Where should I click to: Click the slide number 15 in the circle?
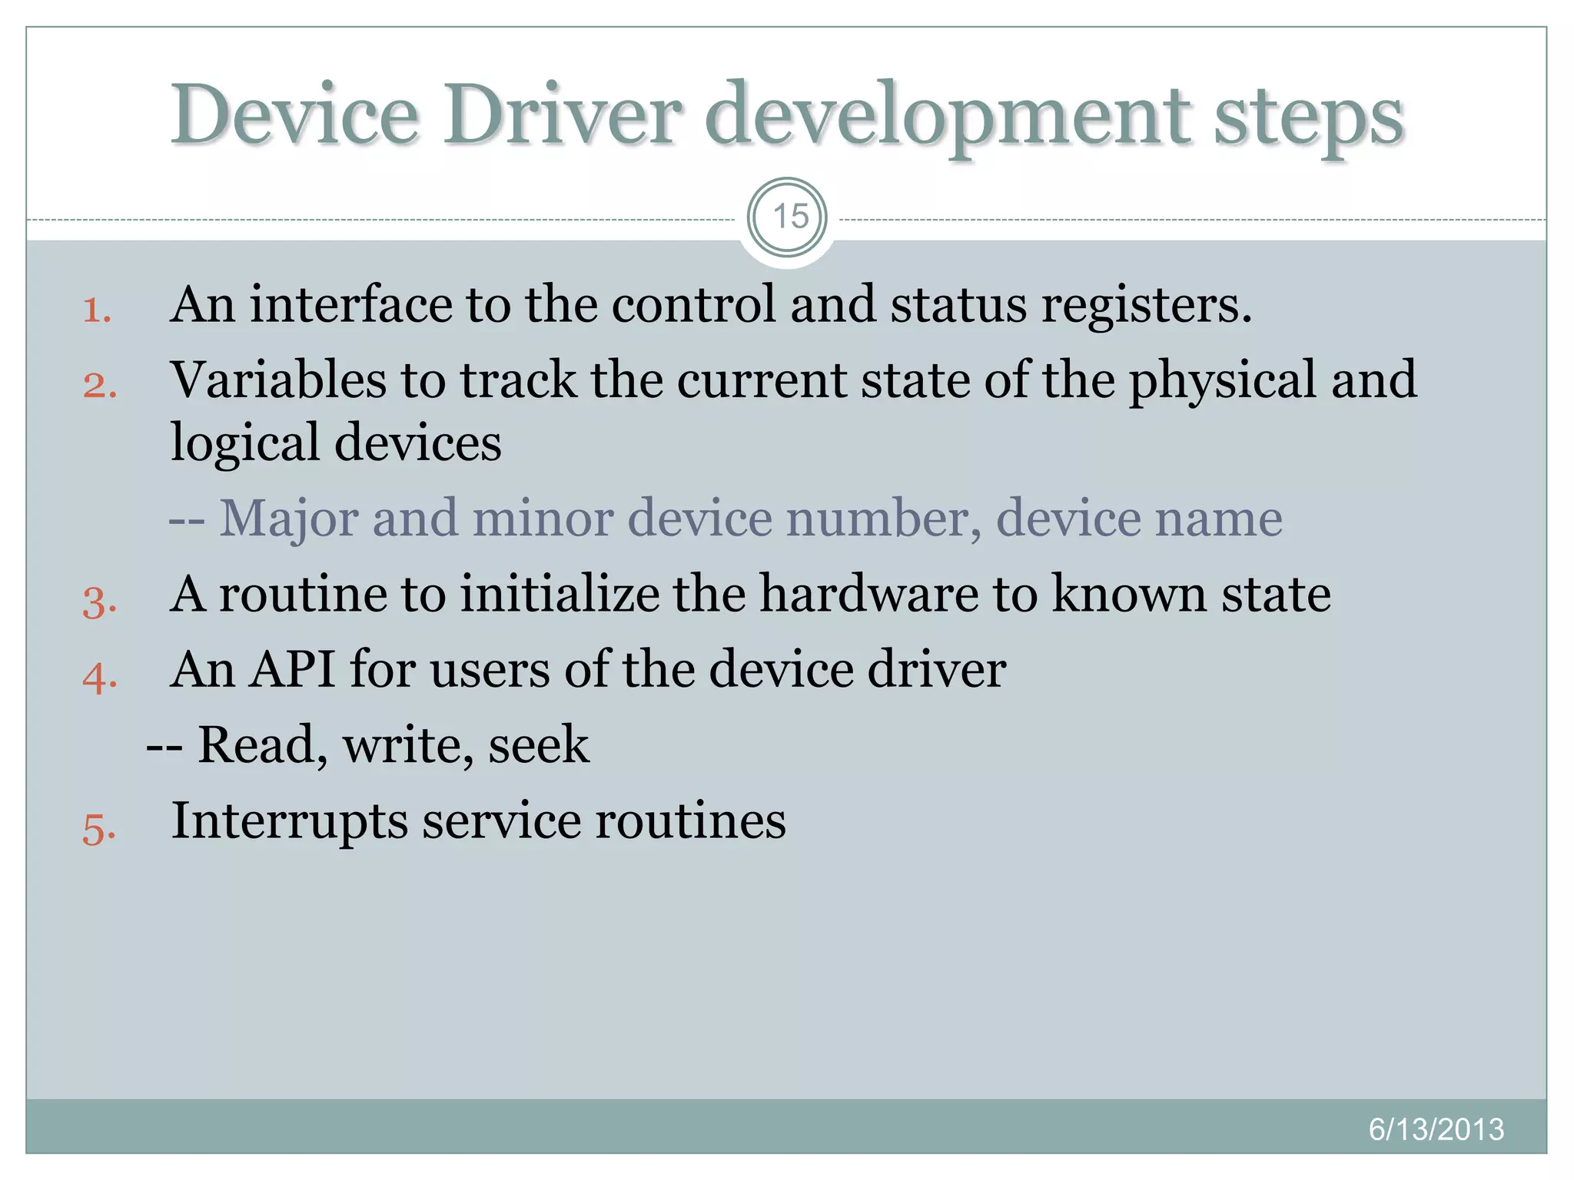click(789, 217)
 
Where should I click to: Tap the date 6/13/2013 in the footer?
click(1436, 1129)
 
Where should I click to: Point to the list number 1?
click(97, 310)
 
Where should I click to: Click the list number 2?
click(99, 385)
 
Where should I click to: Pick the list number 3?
click(99, 601)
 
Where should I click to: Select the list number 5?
click(99, 829)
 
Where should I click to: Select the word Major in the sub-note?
click(288, 519)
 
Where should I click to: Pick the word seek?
click(539, 744)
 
